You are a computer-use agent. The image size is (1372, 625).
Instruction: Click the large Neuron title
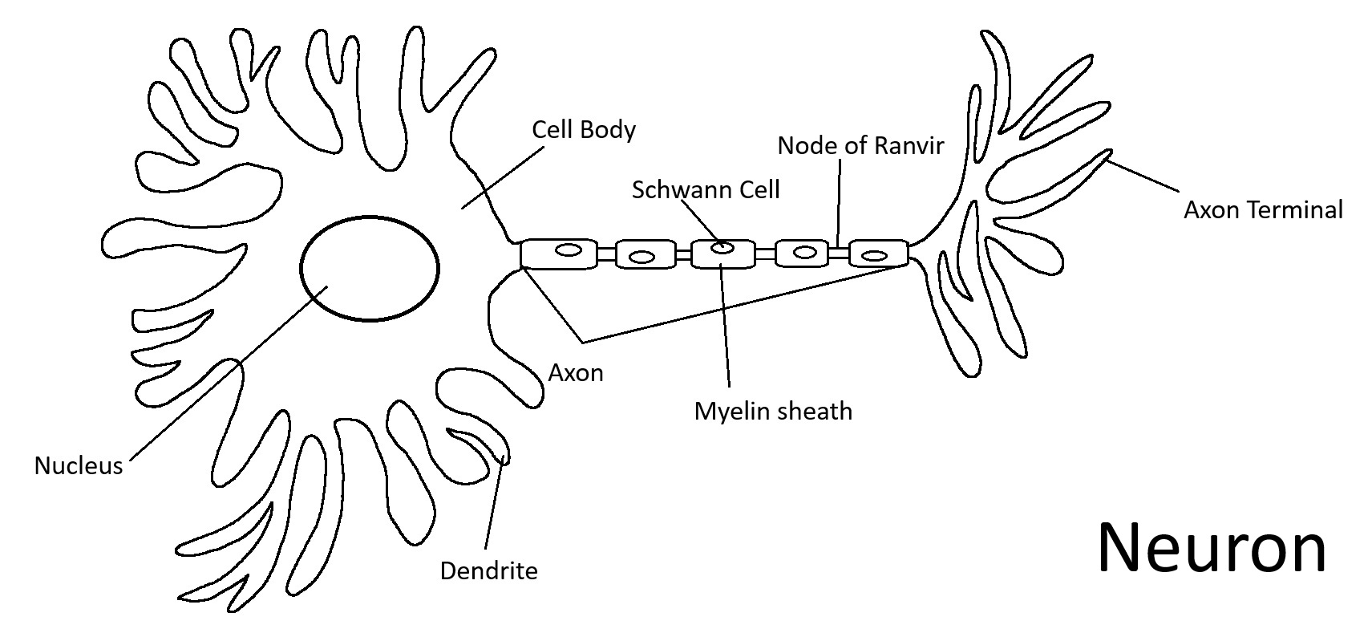pos(1211,548)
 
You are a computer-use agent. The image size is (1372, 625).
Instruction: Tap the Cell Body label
pos(584,130)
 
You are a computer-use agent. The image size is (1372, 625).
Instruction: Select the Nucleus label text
pos(79,465)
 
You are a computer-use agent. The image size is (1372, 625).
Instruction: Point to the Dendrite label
pos(488,570)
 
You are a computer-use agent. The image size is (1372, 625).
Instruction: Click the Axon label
pos(576,372)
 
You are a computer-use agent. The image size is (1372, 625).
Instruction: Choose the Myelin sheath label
pos(773,411)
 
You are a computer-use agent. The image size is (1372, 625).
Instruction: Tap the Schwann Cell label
pos(706,190)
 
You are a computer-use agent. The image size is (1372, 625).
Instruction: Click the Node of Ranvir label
pos(860,145)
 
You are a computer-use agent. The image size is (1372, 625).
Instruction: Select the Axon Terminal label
pos(1263,210)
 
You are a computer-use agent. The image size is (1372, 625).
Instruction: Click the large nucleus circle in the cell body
pos(370,268)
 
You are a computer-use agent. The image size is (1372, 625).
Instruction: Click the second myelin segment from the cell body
pos(645,255)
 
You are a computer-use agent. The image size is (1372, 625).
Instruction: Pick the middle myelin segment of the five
pos(722,254)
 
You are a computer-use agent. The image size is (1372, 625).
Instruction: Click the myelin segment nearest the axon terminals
pos(878,254)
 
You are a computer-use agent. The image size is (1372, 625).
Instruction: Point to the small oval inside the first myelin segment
pos(569,250)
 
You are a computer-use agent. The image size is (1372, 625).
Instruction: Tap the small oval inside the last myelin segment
pos(874,257)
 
